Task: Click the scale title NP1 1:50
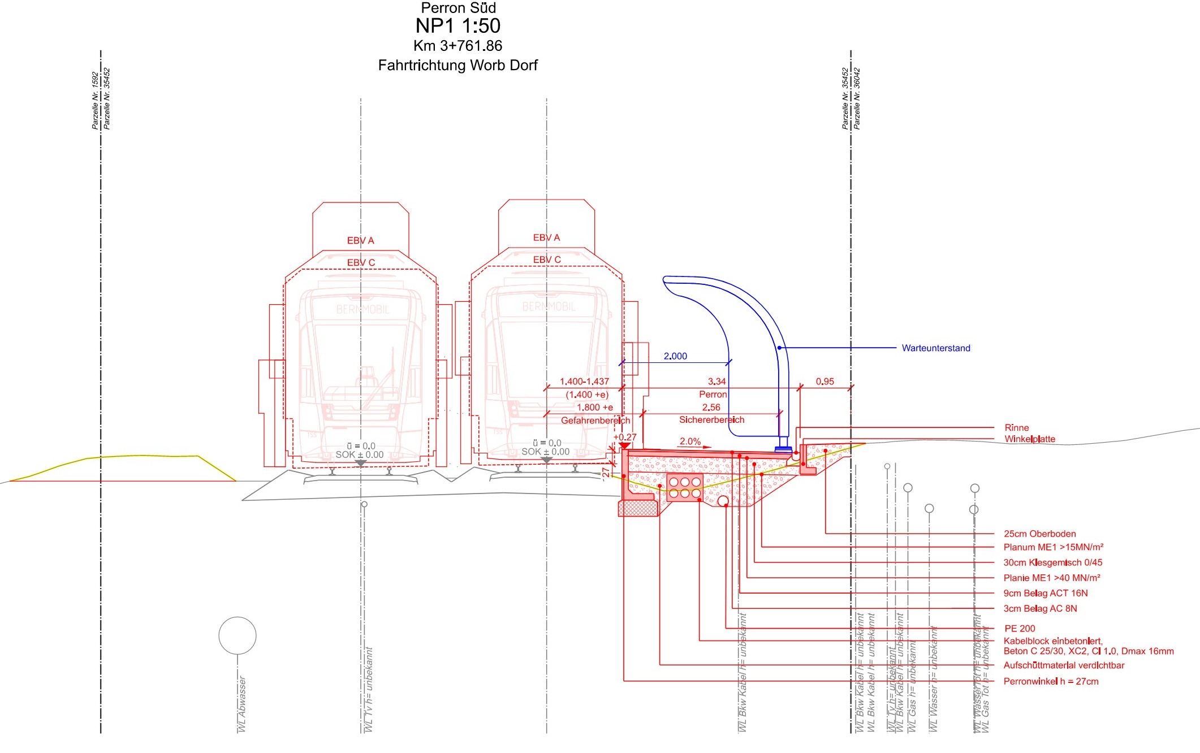457,26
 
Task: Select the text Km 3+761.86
457,46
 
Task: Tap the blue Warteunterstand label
935,348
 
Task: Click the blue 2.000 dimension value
675,356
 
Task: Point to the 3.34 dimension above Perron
716,382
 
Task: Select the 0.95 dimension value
825,382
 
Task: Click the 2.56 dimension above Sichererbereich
711,407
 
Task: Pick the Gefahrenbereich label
595,421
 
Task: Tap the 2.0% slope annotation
690,442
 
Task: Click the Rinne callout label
1016,428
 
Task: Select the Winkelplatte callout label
1029,439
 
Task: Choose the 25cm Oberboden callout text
1039,534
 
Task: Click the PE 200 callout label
1020,628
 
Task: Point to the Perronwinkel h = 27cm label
1051,681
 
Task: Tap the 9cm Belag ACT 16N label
1045,593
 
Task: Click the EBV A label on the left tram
360,241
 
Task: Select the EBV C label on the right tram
547,259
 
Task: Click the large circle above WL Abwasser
238,635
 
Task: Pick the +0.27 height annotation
624,437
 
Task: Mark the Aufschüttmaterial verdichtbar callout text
1064,665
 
